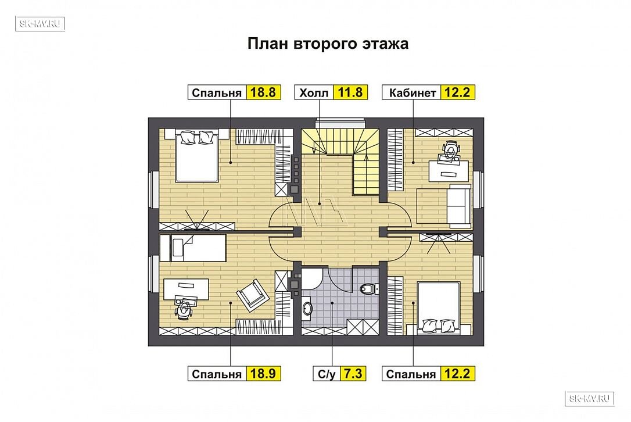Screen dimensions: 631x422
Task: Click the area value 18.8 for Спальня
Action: click(263, 92)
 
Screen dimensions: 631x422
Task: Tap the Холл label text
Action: click(314, 94)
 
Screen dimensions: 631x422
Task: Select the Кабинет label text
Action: click(413, 94)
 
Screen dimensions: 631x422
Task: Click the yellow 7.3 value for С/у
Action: click(352, 374)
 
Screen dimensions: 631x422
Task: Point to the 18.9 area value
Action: click(263, 374)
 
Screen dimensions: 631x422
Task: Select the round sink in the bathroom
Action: click(307, 309)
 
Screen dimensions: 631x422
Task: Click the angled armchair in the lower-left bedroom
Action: click(252, 295)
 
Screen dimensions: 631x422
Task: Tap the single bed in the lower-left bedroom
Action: click(192, 248)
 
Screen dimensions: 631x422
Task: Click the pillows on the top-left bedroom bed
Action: click(197, 137)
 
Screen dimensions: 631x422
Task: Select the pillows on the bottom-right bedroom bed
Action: click(438, 326)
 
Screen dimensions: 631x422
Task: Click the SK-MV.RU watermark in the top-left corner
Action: click(40, 24)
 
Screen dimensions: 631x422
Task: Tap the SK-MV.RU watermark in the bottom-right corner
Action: click(590, 399)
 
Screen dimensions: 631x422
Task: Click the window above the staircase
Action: click(340, 124)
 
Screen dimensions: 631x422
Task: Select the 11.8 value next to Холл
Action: click(350, 92)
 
